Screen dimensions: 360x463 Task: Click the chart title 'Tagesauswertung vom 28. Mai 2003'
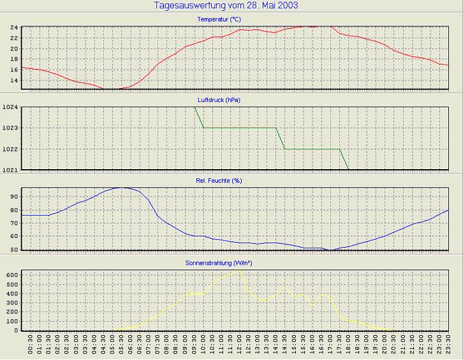pos(226,6)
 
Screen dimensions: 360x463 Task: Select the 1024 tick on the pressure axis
pos(10,107)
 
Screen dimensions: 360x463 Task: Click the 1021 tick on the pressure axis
pos(10,170)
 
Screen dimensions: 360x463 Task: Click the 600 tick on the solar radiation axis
pos(11,274)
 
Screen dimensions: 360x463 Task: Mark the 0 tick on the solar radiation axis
pos(16,330)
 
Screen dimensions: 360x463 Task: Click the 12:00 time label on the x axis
pos(239,346)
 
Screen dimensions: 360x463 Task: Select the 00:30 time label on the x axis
pos(31,346)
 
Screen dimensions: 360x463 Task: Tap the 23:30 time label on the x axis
pos(448,346)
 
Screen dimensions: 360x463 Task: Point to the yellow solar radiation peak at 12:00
pos(239,271)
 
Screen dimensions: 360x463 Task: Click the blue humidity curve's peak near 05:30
pos(121,188)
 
